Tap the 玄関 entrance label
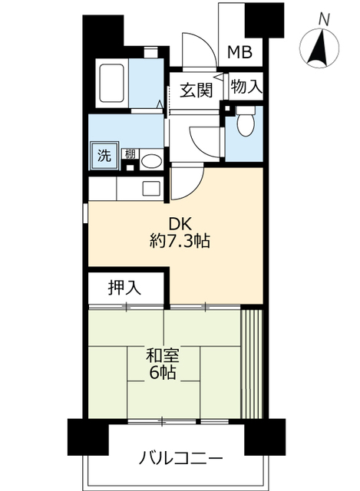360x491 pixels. click(x=196, y=89)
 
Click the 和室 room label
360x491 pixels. click(x=163, y=356)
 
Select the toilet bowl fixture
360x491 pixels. click(x=246, y=124)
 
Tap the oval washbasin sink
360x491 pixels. click(x=150, y=161)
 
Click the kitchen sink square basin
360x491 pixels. click(x=150, y=186)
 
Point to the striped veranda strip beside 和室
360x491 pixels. click(x=253, y=361)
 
